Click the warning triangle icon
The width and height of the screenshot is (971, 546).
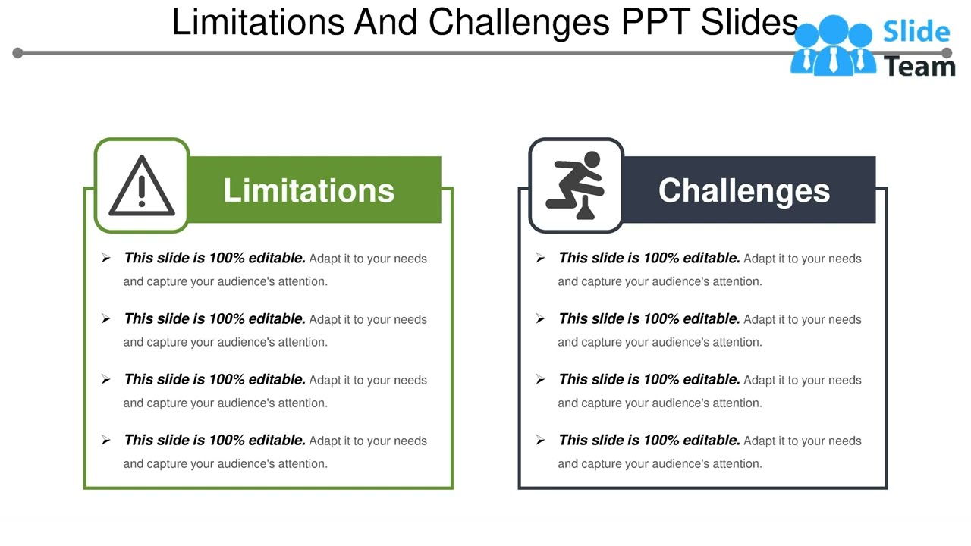(x=142, y=187)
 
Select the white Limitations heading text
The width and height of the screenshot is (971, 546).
(x=309, y=190)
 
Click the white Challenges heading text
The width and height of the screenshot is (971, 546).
(x=743, y=190)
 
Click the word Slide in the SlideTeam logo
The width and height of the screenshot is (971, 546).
(x=916, y=32)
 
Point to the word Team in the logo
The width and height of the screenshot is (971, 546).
(x=919, y=67)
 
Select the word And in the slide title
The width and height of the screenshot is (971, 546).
(x=386, y=22)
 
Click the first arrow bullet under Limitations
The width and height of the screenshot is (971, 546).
(x=105, y=259)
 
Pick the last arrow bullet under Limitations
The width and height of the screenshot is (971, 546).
(x=105, y=441)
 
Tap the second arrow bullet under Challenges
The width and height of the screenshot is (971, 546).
(x=540, y=319)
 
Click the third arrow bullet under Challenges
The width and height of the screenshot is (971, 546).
(x=540, y=380)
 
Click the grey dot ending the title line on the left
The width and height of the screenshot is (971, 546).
(x=18, y=52)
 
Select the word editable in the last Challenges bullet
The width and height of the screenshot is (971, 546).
(x=712, y=440)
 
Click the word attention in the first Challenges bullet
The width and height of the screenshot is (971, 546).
(x=737, y=281)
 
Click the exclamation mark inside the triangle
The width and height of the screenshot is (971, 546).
(x=142, y=190)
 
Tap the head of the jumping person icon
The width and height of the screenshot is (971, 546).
(x=592, y=160)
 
